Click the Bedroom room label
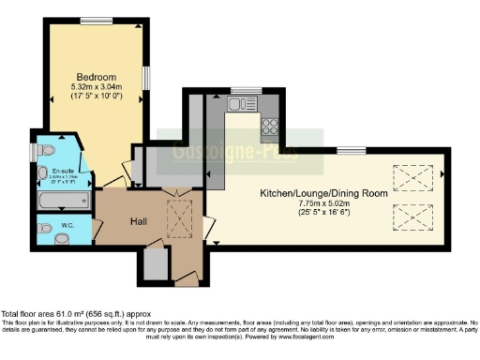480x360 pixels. click(x=97, y=76)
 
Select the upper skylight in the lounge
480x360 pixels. click(x=410, y=177)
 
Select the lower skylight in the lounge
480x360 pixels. click(x=410, y=217)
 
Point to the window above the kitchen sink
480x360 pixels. click(x=246, y=90)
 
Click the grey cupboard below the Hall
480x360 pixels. click(x=157, y=266)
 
